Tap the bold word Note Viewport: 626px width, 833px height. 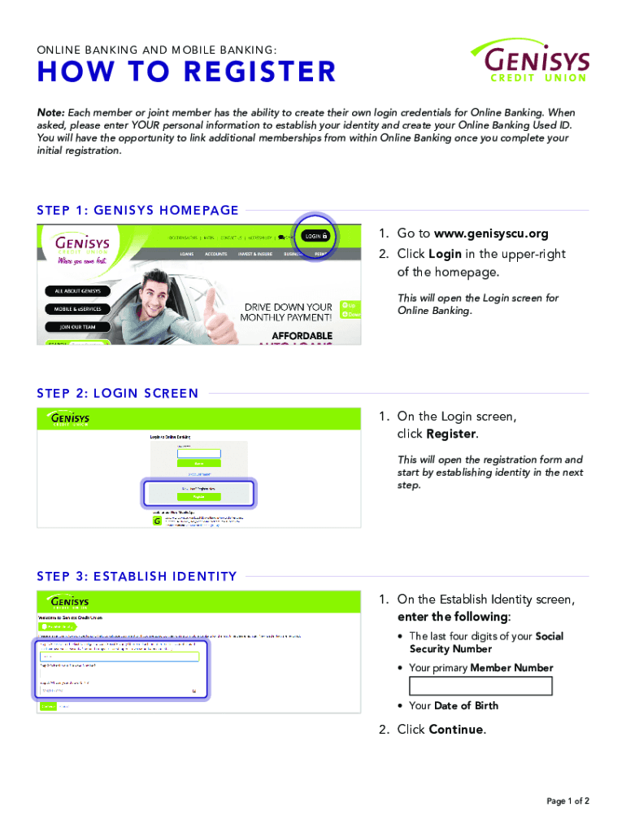pyautogui.click(x=50, y=112)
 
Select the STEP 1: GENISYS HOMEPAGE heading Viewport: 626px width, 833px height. pyautogui.click(x=137, y=210)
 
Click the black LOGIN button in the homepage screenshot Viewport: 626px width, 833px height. pyautogui.click(x=316, y=236)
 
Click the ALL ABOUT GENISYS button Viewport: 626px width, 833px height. pyautogui.click(x=79, y=291)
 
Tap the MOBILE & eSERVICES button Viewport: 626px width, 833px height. pyautogui.click(x=79, y=309)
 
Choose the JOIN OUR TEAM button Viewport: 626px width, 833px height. pyautogui.click(x=79, y=327)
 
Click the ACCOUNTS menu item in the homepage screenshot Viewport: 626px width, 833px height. pyautogui.click(x=215, y=254)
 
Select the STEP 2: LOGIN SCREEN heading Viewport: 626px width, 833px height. pyautogui.click(x=118, y=393)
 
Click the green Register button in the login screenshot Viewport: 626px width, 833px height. pyautogui.click(x=199, y=495)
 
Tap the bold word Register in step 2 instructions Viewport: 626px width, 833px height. pyautogui.click(x=451, y=434)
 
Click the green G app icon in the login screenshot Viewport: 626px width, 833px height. pyautogui.click(x=158, y=520)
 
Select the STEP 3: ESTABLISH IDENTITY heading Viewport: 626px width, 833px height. pyautogui.click(x=137, y=577)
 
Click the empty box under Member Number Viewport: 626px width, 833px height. pyautogui.click(x=480, y=686)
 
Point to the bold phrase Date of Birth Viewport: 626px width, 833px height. pyautogui.click(x=466, y=705)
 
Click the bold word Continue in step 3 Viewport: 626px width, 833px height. pyautogui.click(x=455, y=729)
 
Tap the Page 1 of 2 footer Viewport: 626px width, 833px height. pyautogui.click(x=567, y=801)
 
